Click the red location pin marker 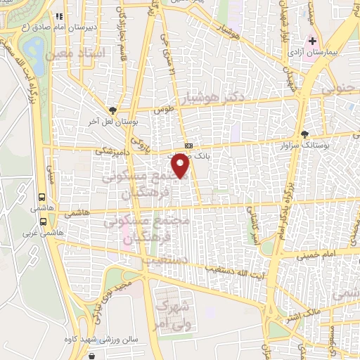[x=181, y=166]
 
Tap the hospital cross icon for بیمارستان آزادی [x=311, y=40]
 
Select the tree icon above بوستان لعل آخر [x=113, y=110]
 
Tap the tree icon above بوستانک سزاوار [x=304, y=134]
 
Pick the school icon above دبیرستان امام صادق [x=59, y=16]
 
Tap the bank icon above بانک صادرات [x=187, y=146]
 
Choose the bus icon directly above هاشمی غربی [x=44, y=221]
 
